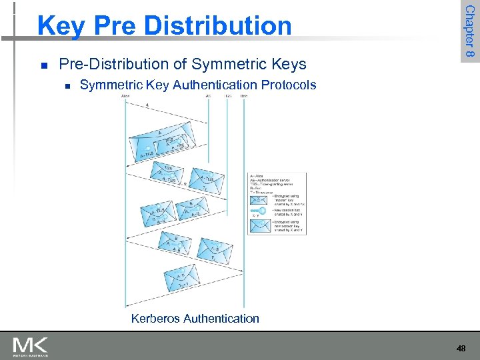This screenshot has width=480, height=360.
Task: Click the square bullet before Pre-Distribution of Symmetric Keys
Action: (43, 65)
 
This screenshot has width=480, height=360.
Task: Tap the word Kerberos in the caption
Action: (157, 318)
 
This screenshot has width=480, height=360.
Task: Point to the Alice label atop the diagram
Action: (125, 97)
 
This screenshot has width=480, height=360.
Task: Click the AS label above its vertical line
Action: (209, 97)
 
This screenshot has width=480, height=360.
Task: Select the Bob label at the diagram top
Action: (244, 97)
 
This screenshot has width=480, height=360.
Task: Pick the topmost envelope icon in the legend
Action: (259, 199)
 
